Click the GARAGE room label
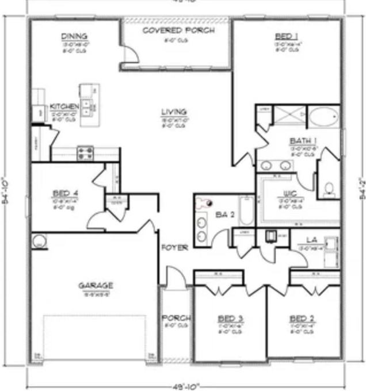[96, 285]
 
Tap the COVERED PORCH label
[178, 30]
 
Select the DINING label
[74, 37]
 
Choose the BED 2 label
[301, 318]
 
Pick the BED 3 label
[230, 318]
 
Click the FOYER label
[175, 248]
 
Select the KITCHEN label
[64, 107]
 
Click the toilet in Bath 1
[329, 189]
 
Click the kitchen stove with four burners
[85, 152]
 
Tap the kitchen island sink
[89, 105]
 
